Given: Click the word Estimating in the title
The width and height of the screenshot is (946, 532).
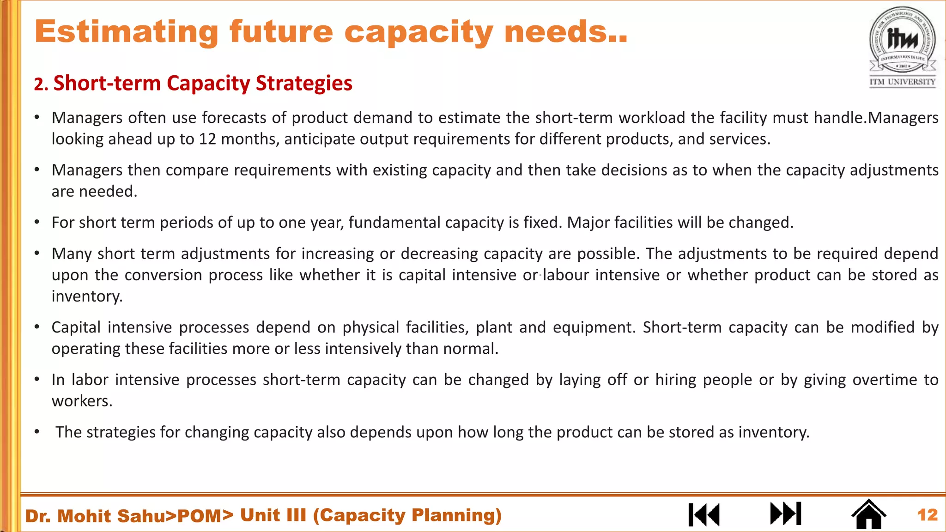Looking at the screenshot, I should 126,32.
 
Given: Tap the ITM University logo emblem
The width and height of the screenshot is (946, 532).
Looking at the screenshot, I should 903,40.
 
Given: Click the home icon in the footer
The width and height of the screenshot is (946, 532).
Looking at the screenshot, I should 868,514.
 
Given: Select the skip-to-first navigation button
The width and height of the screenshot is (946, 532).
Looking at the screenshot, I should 704,514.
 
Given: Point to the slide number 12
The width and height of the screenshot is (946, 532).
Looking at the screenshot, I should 927,515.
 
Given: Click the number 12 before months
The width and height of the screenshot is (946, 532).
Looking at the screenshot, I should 207,139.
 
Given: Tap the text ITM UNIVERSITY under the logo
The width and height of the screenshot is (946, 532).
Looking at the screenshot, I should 902,82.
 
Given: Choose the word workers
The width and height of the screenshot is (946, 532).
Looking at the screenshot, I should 81,401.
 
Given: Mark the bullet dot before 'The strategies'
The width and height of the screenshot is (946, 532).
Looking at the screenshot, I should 37,432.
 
